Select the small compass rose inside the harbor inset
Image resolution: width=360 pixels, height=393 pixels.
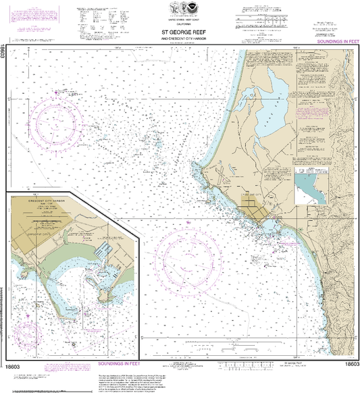[x=27, y=333]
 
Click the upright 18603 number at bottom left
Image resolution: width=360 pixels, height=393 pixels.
[x=14, y=365]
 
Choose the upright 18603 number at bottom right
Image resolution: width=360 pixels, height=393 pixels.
[x=351, y=365]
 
